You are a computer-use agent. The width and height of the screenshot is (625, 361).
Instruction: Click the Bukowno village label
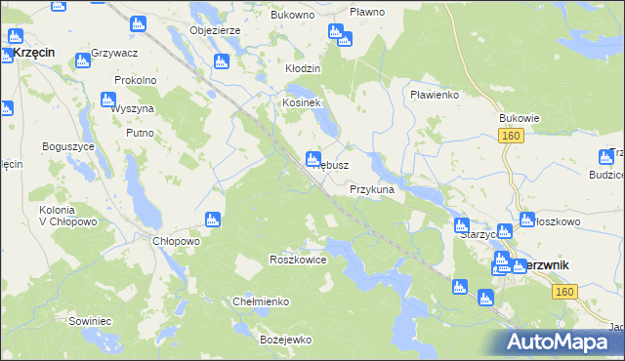(x=293, y=17)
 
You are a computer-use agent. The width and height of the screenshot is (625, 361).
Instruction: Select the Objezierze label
(x=217, y=30)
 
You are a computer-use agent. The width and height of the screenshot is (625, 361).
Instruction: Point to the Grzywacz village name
(x=113, y=51)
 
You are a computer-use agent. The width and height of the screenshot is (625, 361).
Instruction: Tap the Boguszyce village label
(x=67, y=145)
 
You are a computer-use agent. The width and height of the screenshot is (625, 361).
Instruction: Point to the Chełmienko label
(x=261, y=301)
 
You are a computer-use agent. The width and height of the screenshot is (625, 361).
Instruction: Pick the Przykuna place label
(x=372, y=190)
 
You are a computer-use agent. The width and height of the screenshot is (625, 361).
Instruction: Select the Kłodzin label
(x=303, y=69)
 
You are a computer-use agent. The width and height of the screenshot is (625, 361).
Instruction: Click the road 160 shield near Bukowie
(x=512, y=137)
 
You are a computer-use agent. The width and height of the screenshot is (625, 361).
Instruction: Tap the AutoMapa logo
(x=560, y=342)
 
